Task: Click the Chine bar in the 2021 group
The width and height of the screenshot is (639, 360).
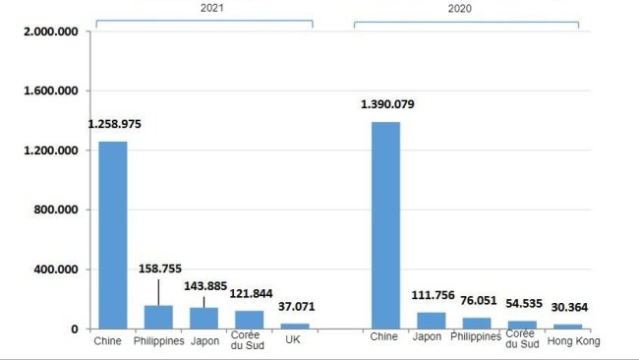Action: pos(112,235)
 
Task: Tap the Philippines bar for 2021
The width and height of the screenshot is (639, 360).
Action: pos(158,317)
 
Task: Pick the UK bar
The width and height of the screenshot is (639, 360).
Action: pos(295,326)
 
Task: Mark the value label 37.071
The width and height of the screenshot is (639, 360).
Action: pos(298,307)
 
